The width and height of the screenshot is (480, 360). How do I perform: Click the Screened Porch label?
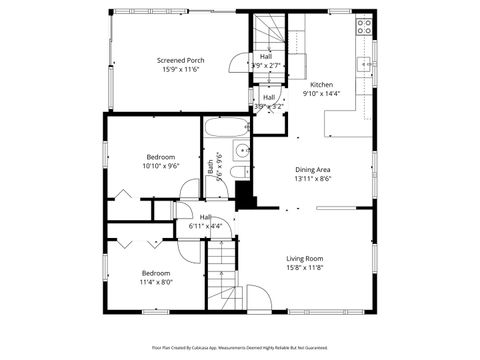(181, 60)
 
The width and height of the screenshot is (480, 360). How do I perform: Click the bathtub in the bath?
(225, 128)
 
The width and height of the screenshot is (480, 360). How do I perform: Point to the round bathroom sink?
(240, 152)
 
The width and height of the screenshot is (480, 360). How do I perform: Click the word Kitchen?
(321, 85)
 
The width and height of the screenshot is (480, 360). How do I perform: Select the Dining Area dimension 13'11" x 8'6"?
(312, 180)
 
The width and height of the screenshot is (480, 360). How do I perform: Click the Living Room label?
(304, 258)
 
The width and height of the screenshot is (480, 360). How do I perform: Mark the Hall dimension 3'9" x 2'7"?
(266, 66)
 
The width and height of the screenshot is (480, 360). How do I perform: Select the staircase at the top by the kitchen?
(268, 32)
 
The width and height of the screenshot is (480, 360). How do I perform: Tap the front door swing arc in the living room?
(258, 297)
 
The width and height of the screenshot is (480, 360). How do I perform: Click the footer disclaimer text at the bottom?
(240, 347)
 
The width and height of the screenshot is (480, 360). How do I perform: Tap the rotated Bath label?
(210, 170)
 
